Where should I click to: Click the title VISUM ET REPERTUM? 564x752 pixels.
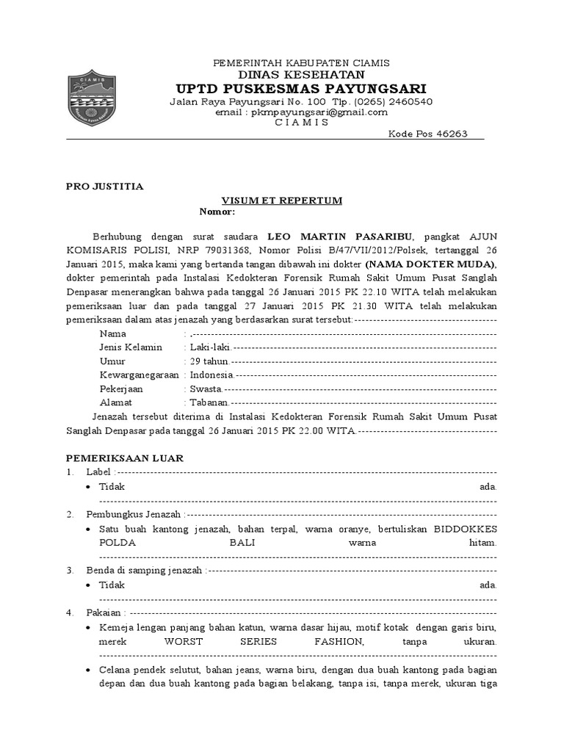coord(282,200)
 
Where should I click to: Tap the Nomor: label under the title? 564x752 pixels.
coord(217,212)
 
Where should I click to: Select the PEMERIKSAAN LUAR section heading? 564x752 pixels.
coord(125,458)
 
